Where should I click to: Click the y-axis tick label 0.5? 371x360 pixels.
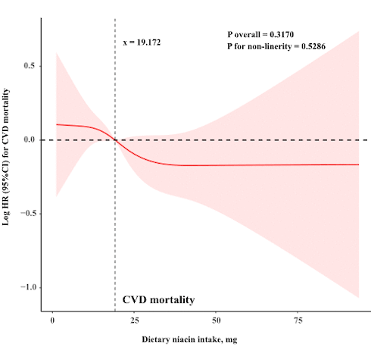(x=29, y=66)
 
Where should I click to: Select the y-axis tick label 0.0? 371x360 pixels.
(x=29, y=140)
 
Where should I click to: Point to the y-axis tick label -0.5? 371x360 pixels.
(x=27, y=214)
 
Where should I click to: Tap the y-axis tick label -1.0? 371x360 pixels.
(x=27, y=287)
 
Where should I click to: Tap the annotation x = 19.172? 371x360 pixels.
(x=142, y=42)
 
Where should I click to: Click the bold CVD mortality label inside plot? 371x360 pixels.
(x=159, y=300)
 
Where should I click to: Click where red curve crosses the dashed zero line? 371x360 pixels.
(x=115, y=140)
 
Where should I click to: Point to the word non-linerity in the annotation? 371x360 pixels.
(x=267, y=47)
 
